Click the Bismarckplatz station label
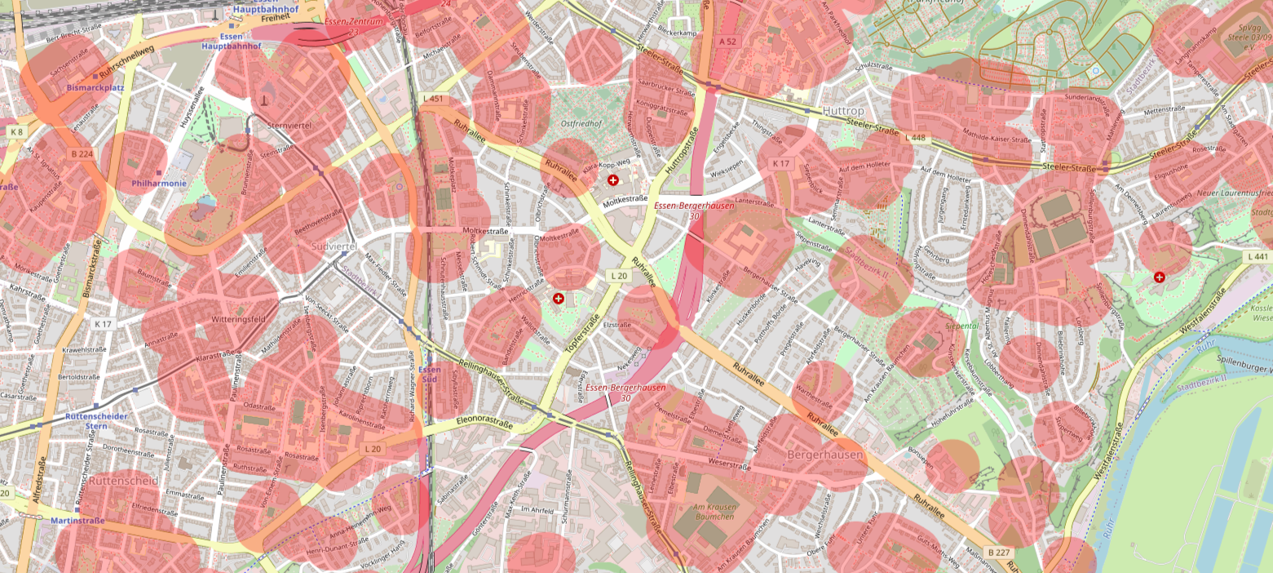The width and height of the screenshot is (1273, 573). (95, 86)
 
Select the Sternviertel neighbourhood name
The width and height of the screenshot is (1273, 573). (290, 127)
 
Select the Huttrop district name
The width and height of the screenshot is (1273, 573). (842, 112)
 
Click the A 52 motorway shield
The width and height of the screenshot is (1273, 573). (727, 41)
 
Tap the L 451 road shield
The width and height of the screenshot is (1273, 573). (435, 100)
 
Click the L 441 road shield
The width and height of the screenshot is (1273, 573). (1258, 257)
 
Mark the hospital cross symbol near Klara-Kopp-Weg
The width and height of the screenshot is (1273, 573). (612, 180)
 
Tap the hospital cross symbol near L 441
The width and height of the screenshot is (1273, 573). (1160, 278)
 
